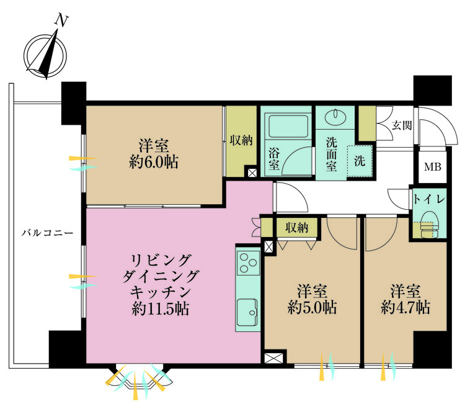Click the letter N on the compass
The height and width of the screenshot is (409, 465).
(61, 20)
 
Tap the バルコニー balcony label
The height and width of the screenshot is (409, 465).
(48, 233)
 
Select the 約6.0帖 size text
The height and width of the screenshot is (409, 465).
(154, 163)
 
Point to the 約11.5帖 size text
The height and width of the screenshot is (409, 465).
(161, 308)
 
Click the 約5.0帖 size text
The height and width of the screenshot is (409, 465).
(312, 307)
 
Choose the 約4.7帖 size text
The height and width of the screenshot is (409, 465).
(405, 307)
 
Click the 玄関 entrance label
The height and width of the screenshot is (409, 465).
(402, 125)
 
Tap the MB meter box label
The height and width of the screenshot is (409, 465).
(433, 167)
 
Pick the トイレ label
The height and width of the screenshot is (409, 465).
(429, 199)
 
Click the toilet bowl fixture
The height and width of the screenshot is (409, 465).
(430, 224)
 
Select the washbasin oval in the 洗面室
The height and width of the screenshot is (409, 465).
(335, 116)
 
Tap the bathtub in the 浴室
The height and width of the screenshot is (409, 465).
(288, 126)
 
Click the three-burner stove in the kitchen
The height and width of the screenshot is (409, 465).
(248, 263)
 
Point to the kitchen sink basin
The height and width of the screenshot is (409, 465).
(247, 312)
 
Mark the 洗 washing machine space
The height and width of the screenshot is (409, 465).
(360, 161)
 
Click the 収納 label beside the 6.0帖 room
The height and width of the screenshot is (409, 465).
(241, 140)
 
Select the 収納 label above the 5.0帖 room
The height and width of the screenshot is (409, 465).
(297, 228)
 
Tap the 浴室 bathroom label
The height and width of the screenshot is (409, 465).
(274, 159)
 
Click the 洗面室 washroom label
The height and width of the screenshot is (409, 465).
(331, 155)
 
